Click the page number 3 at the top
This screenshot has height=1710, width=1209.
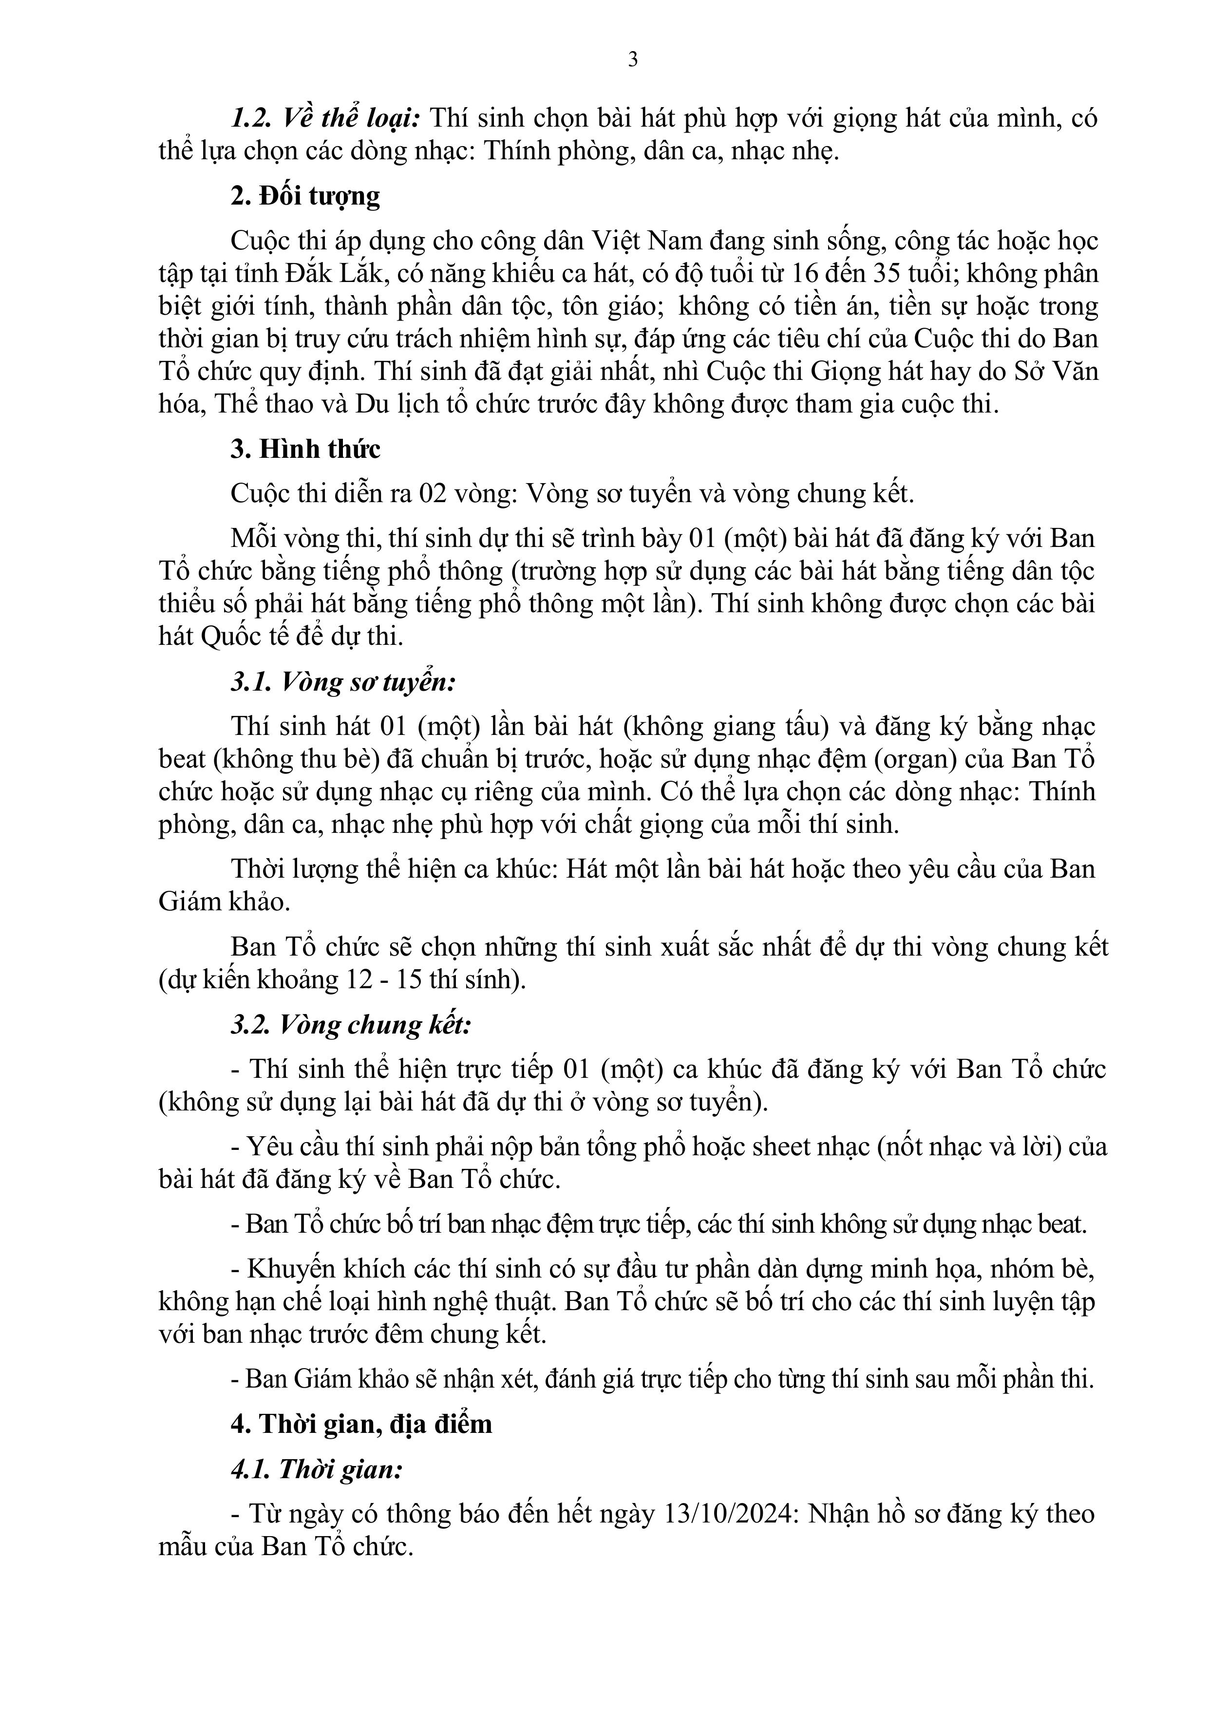coord(632,59)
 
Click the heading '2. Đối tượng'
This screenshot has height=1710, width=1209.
coord(304,196)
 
